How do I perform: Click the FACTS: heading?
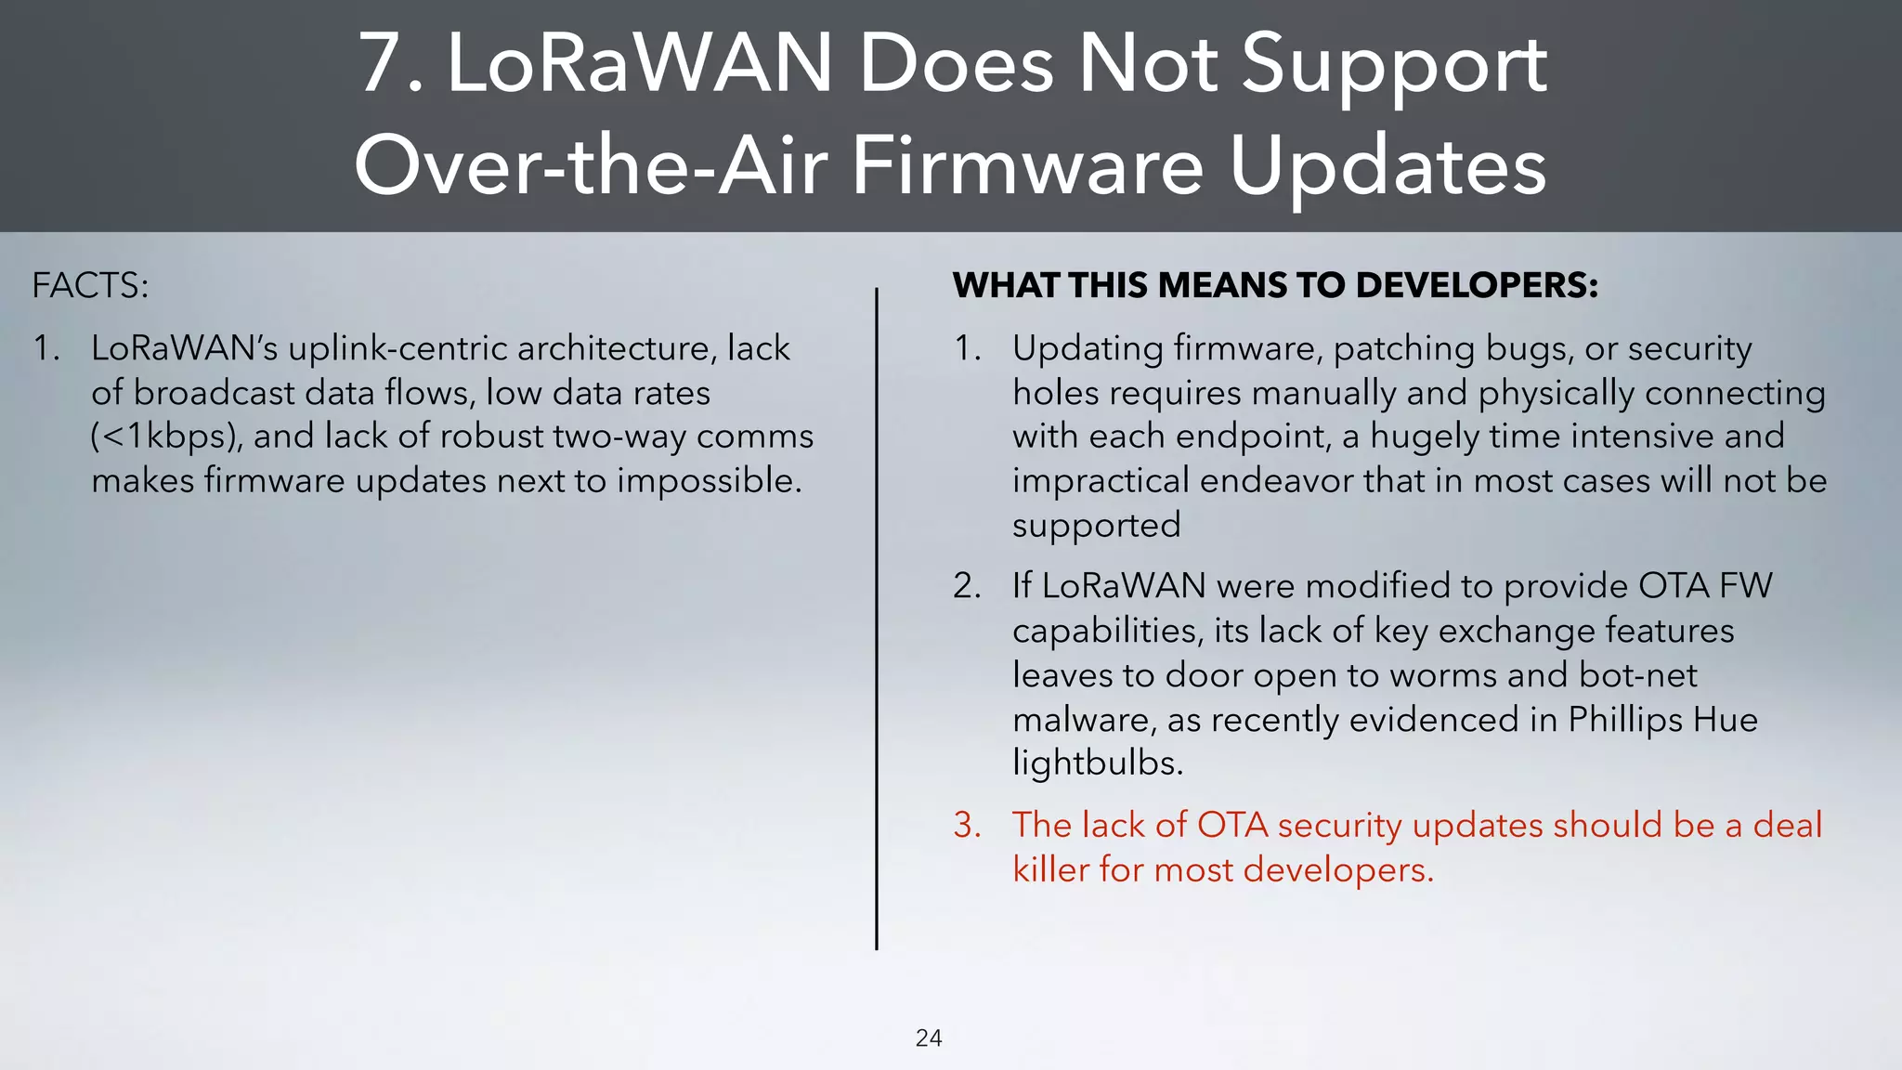[x=90, y=285]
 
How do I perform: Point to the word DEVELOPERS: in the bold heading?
[x=1477, y=285]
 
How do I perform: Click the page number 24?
[x=929, y=1037]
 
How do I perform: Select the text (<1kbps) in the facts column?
[x=166, y=437]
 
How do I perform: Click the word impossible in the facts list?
[x=708, y=481]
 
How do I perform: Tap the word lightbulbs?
[x=1097, y=763]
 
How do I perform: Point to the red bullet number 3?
[x=967, y=825]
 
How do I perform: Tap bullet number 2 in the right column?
[x=967, y=586]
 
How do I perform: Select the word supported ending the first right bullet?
[x=1096, y=526]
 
